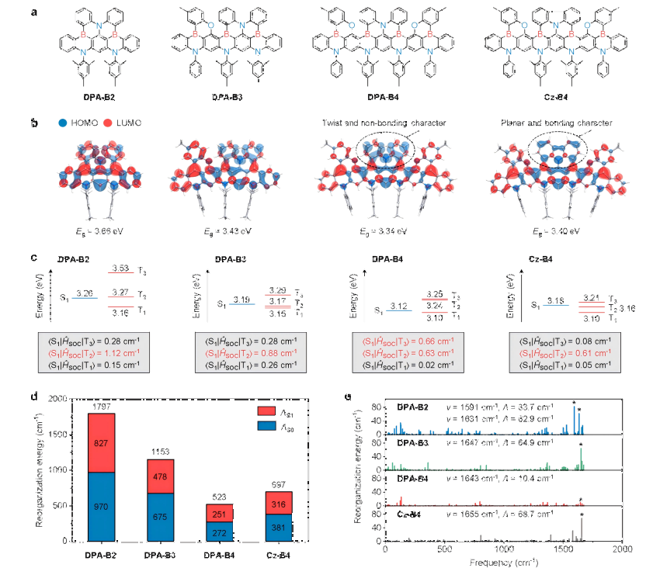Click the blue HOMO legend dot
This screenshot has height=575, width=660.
61,123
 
